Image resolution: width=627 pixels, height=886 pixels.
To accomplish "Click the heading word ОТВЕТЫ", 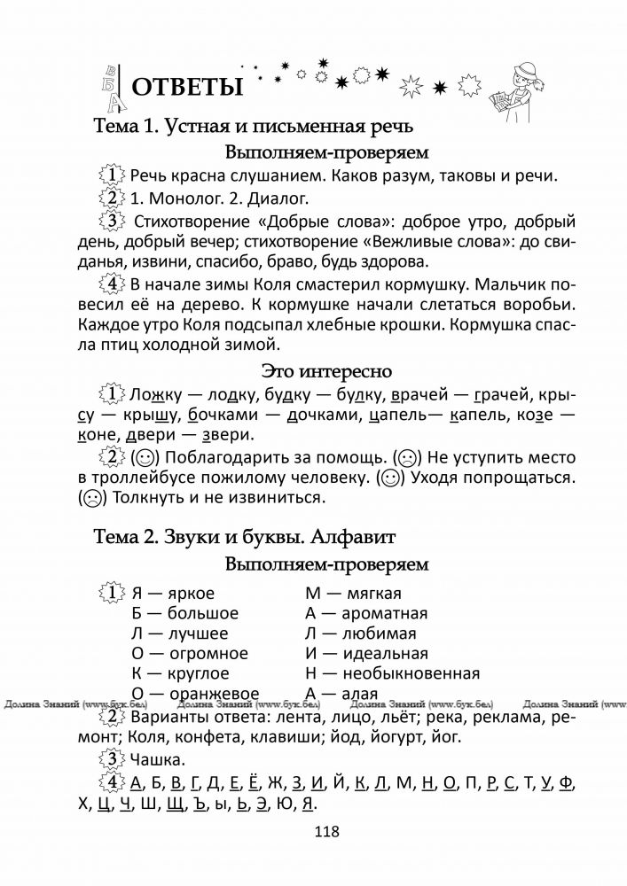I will click(187, 88).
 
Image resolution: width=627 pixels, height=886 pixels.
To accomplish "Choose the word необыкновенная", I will click(409, 673).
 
